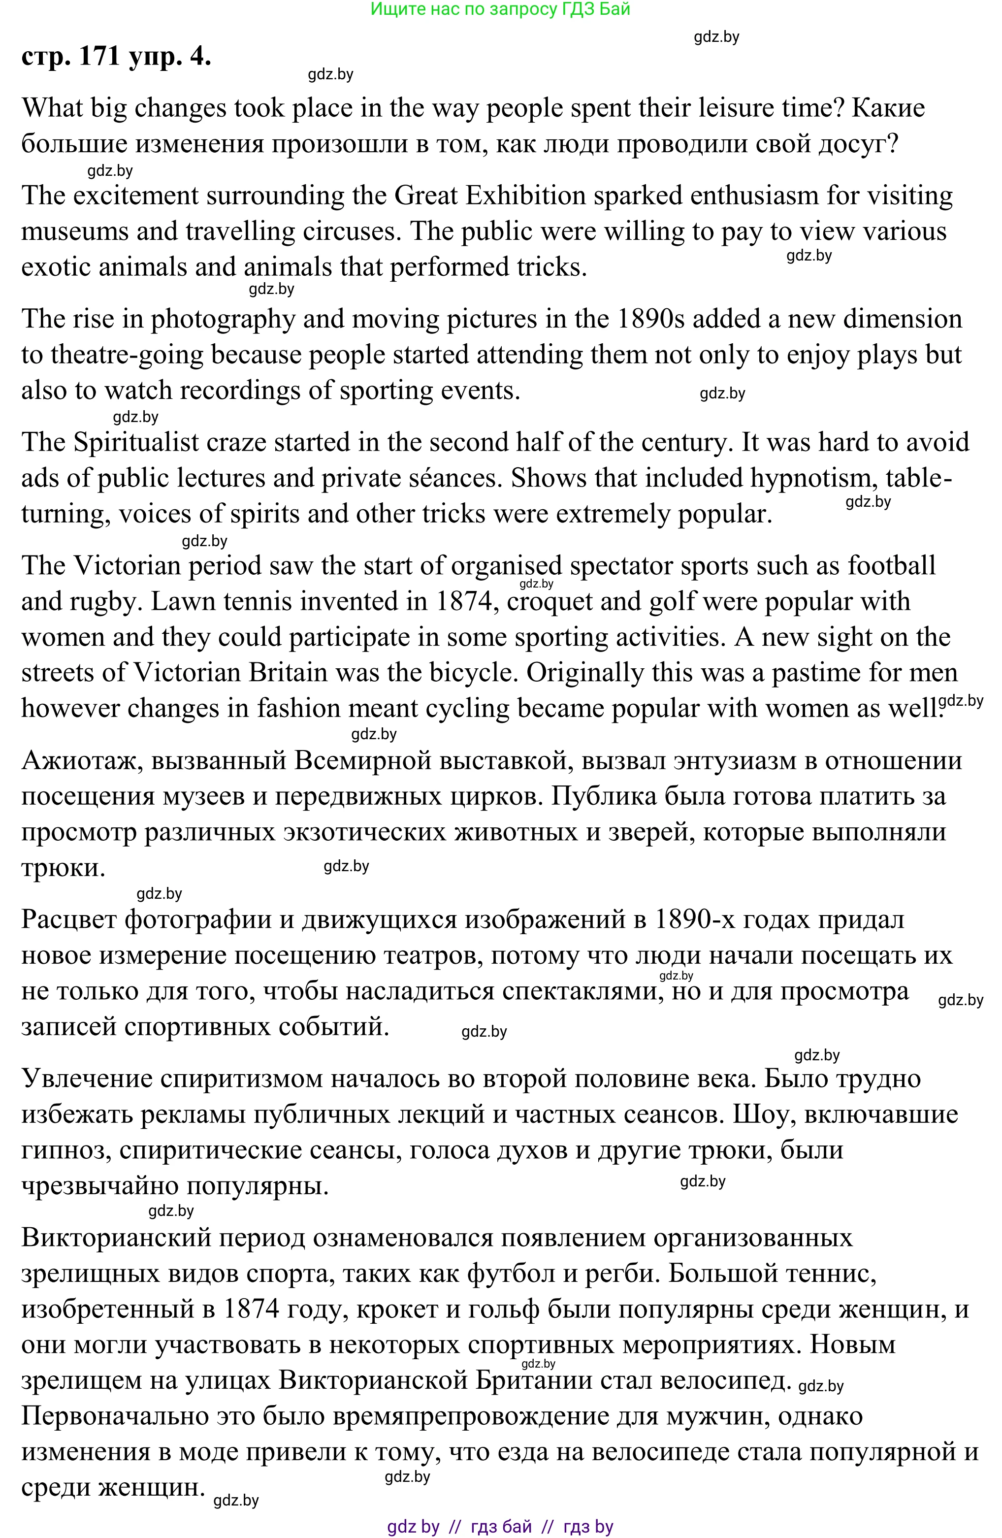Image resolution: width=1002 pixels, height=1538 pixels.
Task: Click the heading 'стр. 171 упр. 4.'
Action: pyautogui.click(x=116, y=56)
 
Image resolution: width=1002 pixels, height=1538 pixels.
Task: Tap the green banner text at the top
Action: pyautogui.click(x=500, y=9)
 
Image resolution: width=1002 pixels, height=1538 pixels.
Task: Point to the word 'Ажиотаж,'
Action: pyautogui.click(x=82, y=760)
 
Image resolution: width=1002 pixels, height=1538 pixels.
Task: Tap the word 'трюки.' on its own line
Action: pyautogui.click(x=63, y=867)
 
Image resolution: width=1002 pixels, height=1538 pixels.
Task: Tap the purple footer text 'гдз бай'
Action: pyautogui.click(x=501, y=1526)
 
